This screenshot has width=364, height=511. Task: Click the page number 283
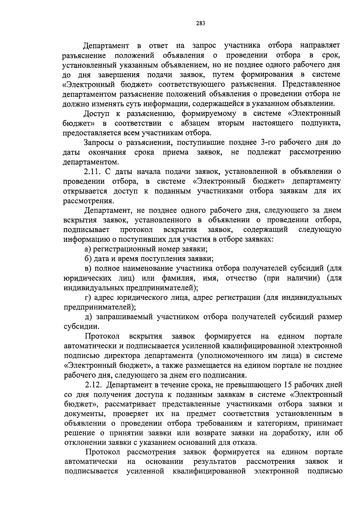tap(201, 23)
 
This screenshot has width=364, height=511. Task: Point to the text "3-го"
tap(268, 142)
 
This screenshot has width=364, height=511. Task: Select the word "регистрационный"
tap(125, 249)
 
